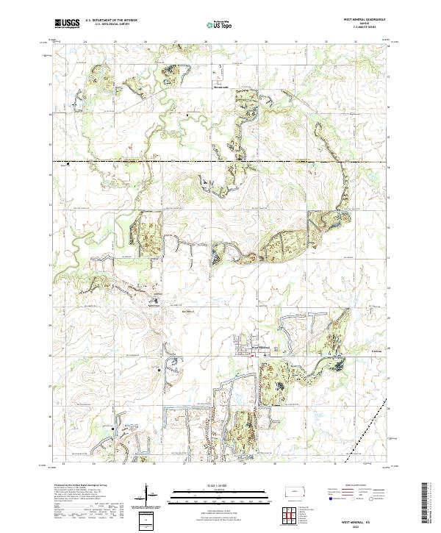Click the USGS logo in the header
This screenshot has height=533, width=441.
click(66, 24)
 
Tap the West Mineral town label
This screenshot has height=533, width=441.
click(262, 347)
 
